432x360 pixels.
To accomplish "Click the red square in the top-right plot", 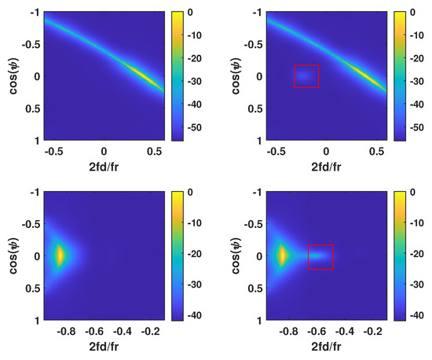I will (x=306, y=75).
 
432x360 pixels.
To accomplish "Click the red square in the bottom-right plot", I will (x=320, y=257).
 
